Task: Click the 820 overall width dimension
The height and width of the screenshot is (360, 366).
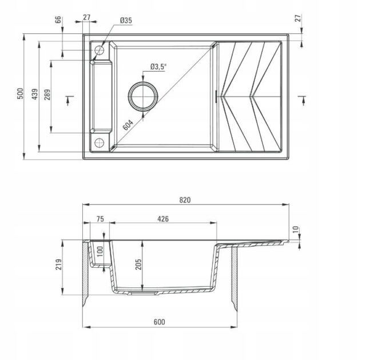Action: [184, 200]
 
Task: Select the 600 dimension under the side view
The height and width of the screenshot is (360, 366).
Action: [159, 322]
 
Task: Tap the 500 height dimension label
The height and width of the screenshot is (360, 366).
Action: [19, 94]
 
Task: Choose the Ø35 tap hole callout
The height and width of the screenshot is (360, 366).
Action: [126, 21]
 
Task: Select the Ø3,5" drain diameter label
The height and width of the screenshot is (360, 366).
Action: [158, 66]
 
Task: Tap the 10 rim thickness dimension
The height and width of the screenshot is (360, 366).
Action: [295, 230]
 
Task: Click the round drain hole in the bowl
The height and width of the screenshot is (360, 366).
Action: [141, 97]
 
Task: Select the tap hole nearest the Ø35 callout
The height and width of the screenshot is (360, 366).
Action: [100, 50]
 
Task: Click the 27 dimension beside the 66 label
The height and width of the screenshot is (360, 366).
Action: [86, 18]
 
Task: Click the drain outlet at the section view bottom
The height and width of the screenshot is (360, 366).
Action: [142, 291]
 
